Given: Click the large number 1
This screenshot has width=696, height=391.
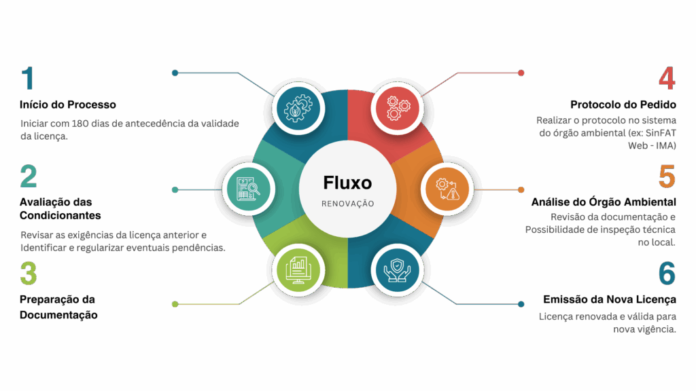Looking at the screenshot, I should (x=27, y=79).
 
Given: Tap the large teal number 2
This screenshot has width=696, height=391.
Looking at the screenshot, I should (x=29, y=176).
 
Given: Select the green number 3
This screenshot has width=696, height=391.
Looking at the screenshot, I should (x=28, y=274).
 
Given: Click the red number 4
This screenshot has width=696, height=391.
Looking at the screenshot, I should (x=666, y=79).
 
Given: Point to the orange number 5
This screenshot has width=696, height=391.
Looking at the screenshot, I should (x=667, y=176).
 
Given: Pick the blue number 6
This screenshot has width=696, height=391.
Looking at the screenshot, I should (x=667, y=274).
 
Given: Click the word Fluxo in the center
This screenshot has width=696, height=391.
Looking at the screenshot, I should (x=347, y=183).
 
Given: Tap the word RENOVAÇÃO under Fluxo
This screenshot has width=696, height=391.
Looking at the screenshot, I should (x=347, y=203).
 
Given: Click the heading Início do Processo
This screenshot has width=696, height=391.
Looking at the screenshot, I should (x=67, y=105).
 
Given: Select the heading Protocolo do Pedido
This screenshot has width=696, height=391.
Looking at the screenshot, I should (x=623, y=105).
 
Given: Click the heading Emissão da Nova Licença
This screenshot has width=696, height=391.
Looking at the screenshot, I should (x=609, y=299).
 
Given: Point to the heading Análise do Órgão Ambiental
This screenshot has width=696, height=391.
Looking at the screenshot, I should (x=603, y=202).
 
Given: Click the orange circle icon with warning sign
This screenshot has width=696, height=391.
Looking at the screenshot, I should (x=447, y=188).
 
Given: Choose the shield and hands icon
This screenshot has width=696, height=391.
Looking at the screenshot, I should (x=397, y=269).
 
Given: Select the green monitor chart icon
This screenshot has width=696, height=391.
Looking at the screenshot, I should (x=298, y=269).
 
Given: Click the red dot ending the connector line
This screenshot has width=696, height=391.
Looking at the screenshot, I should (x=521, y=73).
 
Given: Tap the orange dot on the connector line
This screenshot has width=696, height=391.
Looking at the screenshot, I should (x=521, y=189).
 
